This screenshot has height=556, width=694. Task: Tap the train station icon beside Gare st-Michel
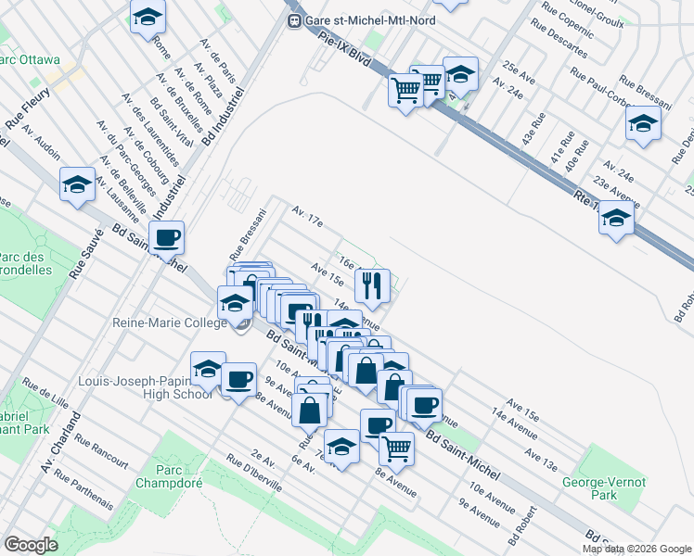[x=294, y=20]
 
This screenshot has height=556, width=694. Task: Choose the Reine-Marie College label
[x=169, y=322]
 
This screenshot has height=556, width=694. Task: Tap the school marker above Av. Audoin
[x=77, y=184]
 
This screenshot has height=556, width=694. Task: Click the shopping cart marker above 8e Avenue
[x=397, y=448]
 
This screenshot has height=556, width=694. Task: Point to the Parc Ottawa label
[x=30, y=60]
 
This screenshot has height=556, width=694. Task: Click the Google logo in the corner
[x=31, y=544]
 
